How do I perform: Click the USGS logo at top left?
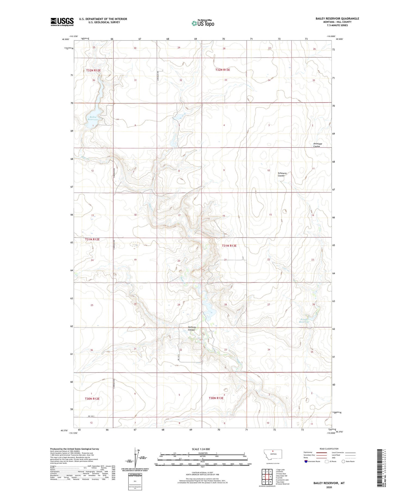coord(62,22)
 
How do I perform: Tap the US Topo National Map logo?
coord(203,23)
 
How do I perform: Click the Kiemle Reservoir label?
coord(304,320)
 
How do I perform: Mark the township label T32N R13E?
coord(222,70)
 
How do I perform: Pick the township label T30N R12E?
coord(92,399)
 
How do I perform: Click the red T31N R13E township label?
coord(229,246)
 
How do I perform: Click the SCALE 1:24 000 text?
coord(201,449)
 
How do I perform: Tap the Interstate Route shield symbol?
coord(306,461)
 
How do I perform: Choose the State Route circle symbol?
coord(343,461)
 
